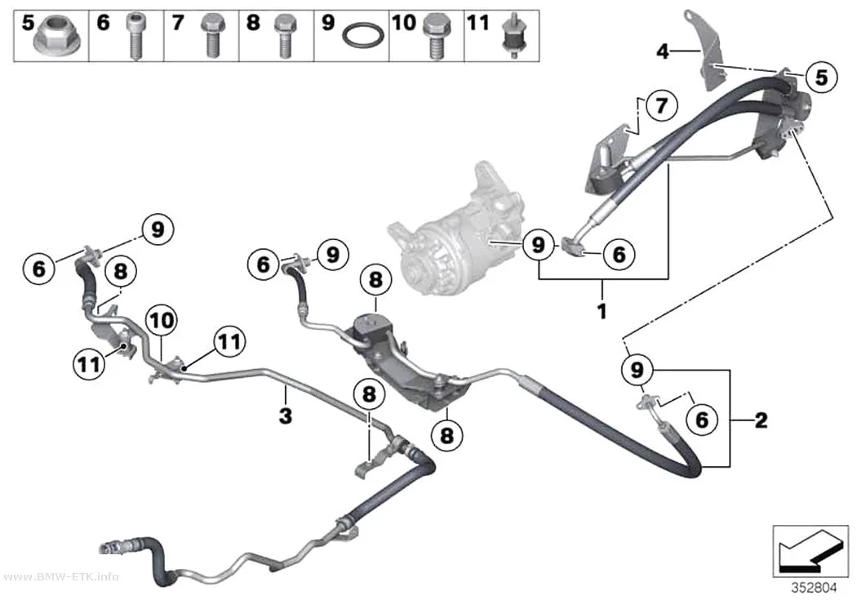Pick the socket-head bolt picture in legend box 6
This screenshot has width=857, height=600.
135,36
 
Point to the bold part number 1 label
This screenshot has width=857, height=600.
602,312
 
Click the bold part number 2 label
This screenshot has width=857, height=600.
761,420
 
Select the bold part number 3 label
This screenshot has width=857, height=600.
286,416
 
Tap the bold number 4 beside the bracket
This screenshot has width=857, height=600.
663,51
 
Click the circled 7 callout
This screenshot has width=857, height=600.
662,105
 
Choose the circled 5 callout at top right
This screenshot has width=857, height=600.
821,77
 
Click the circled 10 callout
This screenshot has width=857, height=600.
162,320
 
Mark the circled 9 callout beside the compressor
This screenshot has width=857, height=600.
539,244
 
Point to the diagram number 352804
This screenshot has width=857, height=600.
815,588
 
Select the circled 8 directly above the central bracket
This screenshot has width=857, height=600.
375,280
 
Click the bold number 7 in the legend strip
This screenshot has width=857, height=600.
178,24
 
